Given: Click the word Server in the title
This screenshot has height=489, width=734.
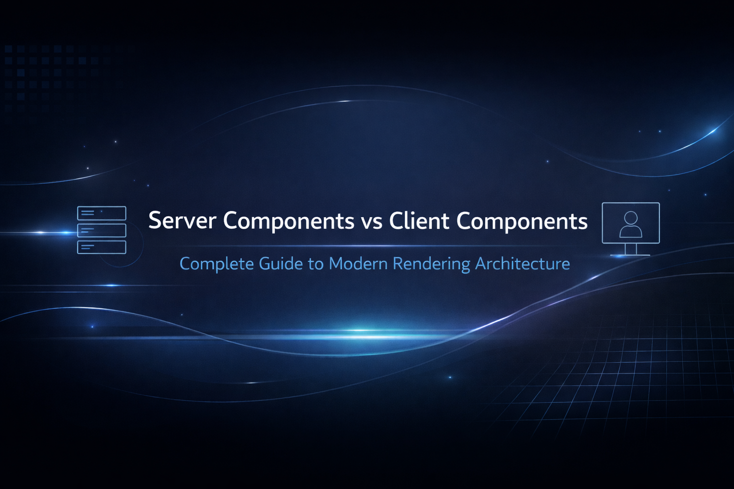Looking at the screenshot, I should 182,221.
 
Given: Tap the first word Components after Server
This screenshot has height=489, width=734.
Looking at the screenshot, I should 288,221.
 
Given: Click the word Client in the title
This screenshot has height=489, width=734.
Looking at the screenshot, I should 419,221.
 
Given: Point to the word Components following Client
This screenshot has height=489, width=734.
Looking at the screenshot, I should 522,221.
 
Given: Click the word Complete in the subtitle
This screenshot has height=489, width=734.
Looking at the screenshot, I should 216,264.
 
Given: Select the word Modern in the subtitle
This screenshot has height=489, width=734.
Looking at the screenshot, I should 358,264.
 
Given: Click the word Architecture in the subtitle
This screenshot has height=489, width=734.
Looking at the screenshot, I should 522,264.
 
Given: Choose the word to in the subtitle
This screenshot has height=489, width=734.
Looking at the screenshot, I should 315,264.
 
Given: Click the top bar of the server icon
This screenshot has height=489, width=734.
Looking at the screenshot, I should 102,213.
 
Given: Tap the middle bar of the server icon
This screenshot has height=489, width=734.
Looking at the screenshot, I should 102,230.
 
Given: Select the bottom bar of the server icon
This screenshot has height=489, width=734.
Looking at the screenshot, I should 102,247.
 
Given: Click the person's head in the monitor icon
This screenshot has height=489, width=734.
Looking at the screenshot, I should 631,218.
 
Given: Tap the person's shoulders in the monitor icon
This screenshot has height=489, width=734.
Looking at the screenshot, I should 631,232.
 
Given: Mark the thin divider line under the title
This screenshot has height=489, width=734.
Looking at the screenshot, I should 368,246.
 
